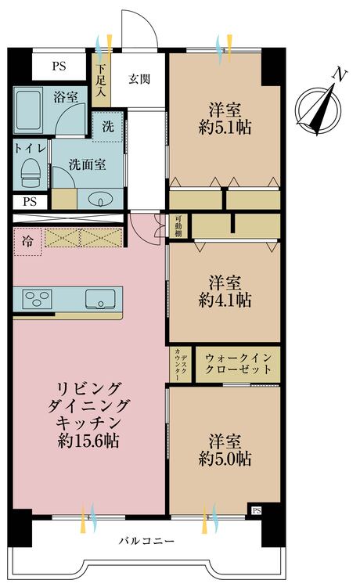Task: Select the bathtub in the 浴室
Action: pos(28,110)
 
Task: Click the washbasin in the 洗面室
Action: pos(99,200)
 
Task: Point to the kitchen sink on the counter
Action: pos(100,299)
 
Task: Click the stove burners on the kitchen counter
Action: pos(37,298)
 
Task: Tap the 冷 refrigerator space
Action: pos(27,242)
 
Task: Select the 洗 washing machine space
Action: pos(108,126)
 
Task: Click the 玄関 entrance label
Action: pos(139,79)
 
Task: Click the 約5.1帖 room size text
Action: pos(225,128)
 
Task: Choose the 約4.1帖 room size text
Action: pos(225,300)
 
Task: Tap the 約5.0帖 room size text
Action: pos(225,459)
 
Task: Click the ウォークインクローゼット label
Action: pos(238,364)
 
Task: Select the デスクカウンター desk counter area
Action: pos(180,364)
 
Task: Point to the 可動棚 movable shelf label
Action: pos(178,225)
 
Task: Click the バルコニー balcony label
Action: pos(146,542)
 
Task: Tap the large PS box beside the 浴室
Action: pos(59,67)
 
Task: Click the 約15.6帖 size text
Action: pos(89,441)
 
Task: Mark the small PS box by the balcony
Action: pos(257,510)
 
